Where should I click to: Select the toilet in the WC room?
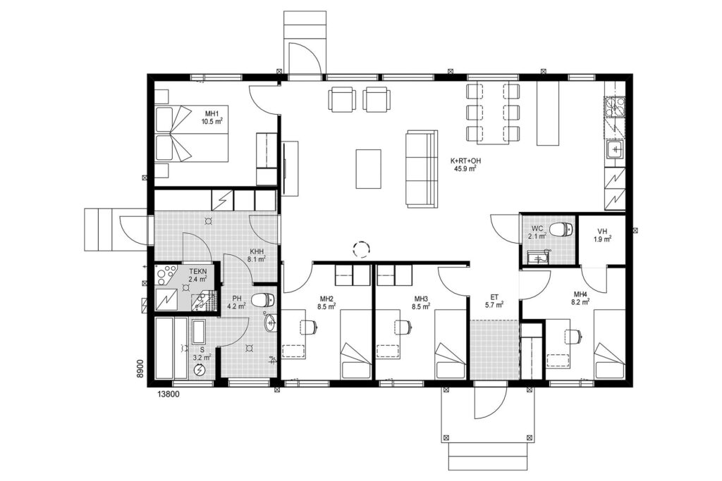point(563,229)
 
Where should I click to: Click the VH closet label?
point(602,231)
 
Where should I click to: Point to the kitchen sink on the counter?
point(615,149)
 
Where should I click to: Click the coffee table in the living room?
point(368,169)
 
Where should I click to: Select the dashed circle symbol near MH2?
point(362,250)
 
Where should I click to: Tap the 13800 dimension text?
point(169,394)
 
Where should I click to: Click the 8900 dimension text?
point(141,369)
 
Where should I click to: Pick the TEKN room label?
point(197,271)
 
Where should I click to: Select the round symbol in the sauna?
point(200,369)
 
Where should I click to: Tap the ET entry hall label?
point(494,297)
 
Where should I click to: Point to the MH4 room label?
point(580,294)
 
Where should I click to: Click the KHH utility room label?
point(256,252)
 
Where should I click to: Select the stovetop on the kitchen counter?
point(616,107)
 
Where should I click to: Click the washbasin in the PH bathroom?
point(270,323)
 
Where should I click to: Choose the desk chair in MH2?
point(308,327)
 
